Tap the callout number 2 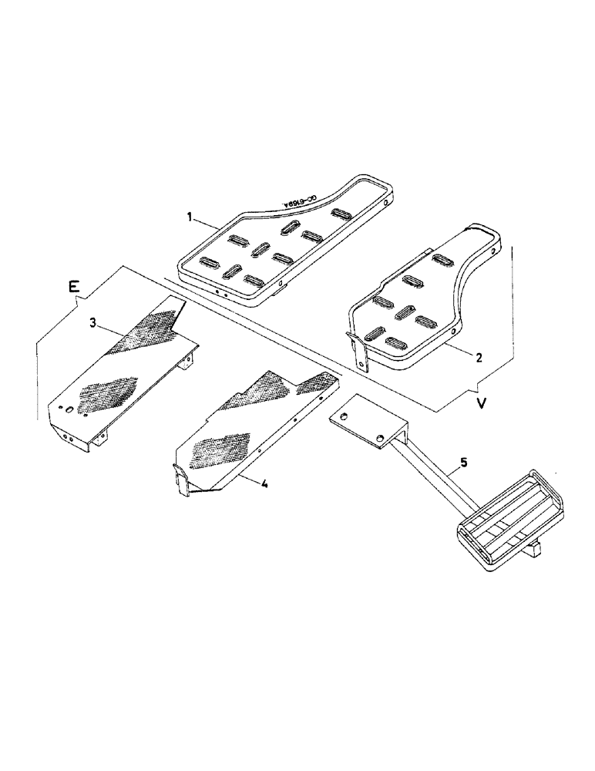478,357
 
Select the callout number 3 92,323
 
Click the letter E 73,287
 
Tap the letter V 481,404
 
